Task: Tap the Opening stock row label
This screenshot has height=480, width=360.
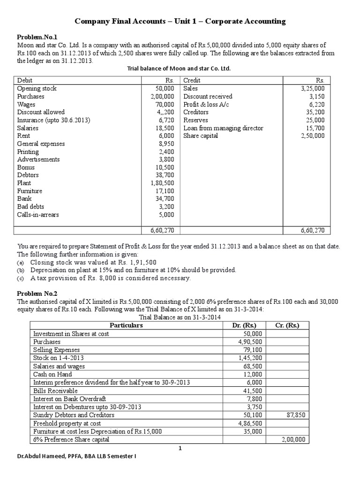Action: click(37, 88)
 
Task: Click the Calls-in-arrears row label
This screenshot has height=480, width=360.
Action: click(38, 215)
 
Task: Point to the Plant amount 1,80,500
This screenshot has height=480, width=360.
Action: click(162, 183)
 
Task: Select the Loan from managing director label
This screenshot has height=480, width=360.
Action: click(223, 128)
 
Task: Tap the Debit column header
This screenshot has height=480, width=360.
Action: click(25, 80)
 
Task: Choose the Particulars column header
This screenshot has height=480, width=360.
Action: click(126, 325)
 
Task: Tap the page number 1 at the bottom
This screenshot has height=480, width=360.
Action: click(180, 449)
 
